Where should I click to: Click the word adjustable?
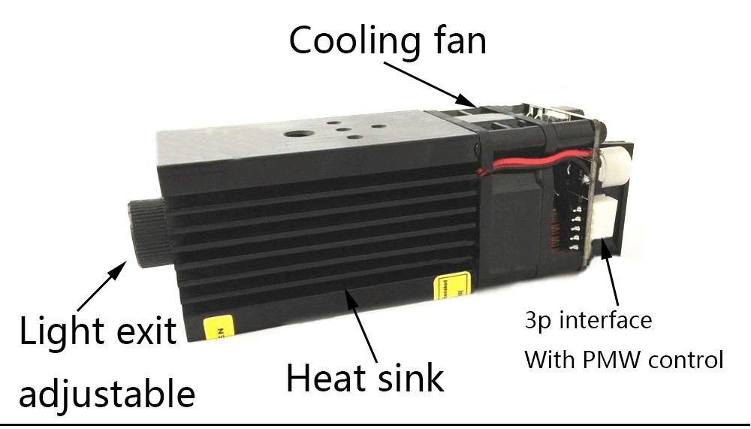[107, 392]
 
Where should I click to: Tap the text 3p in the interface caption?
[537, 322]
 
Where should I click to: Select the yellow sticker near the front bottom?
[219, 328]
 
